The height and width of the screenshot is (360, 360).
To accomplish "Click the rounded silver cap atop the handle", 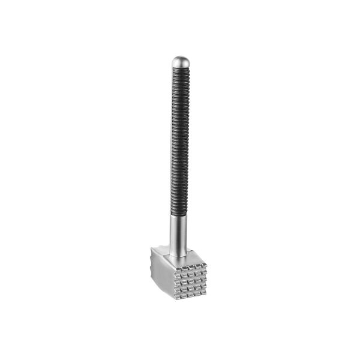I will pos(181,61).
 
